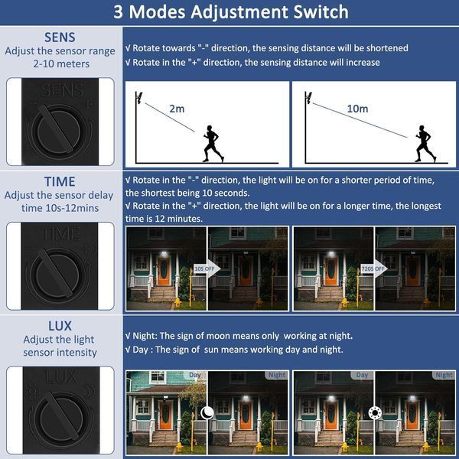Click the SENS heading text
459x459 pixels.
[60, 37]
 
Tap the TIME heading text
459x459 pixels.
[60, 181]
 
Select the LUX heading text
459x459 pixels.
[60, 326]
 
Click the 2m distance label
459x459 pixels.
[177, 109]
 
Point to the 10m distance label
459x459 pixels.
[357, 109]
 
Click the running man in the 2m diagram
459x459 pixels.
[213, 144]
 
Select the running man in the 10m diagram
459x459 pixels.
[425, 144]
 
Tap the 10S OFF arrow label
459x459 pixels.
[204, 269]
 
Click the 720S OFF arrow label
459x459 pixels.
[373, 269]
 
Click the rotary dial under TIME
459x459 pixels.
[58, 274]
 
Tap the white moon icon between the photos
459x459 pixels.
[207, 413]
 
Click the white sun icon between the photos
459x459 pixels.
[375, 413]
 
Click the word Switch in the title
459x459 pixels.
[321, 12]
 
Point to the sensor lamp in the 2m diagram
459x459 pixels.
[138, 98]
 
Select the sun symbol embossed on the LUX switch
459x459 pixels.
[31, 390]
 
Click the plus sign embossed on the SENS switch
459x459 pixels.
[89, 104]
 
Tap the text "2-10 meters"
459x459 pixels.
[61, 63]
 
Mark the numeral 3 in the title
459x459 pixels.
[118, 12]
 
